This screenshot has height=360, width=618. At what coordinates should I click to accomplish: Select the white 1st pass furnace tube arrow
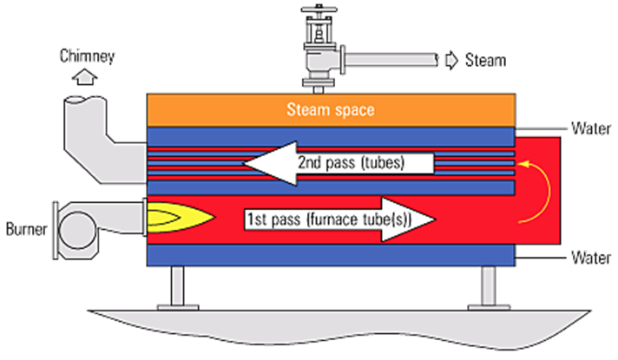(x=339, y=220)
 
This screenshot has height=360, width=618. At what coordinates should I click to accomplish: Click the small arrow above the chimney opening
(x=84, y=78)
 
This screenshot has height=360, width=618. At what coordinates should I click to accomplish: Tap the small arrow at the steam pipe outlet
(x=451, y=60)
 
